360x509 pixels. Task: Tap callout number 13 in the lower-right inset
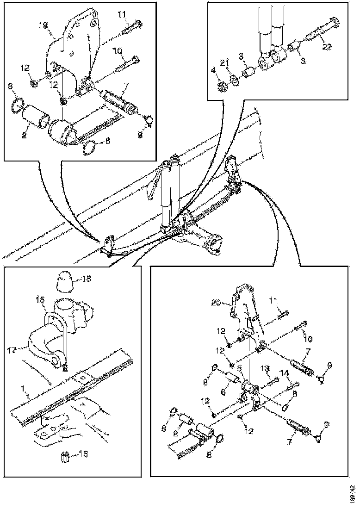pyautogui.click(x=265, y=368)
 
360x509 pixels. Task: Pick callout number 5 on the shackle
pyautogui.click(x=239, y=368)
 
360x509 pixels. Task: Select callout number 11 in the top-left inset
pyautogui.click(x=122, y=15)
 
